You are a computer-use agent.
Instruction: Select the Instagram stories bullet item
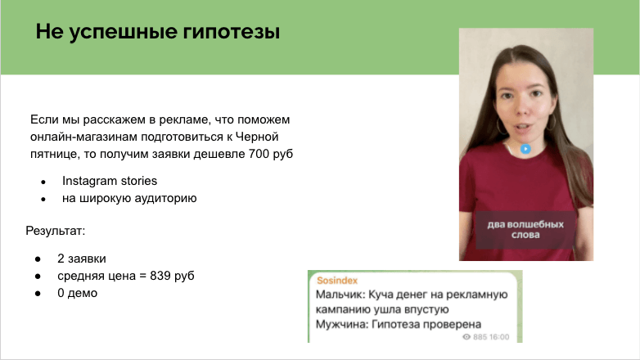click(109, 180)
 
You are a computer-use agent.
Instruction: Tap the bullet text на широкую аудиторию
click(129, 198)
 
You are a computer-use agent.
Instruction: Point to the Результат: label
click(56, 232)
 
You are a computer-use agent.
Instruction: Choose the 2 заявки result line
click(82, 258)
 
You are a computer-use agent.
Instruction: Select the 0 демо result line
click(77, 292)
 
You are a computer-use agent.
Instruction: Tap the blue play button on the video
click(526, 150)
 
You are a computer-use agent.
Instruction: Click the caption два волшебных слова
click(526, 228)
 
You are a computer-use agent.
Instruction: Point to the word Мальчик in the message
click(340, 294)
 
